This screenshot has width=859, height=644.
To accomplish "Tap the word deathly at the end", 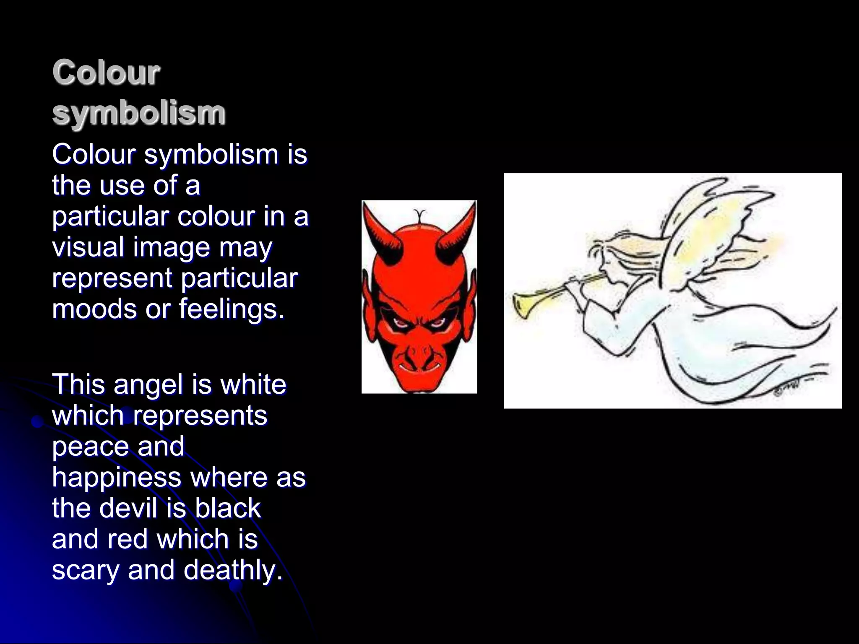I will point(233,570).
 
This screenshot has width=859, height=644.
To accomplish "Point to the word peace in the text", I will point(88,446).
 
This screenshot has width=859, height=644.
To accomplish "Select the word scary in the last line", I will point(86,570).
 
